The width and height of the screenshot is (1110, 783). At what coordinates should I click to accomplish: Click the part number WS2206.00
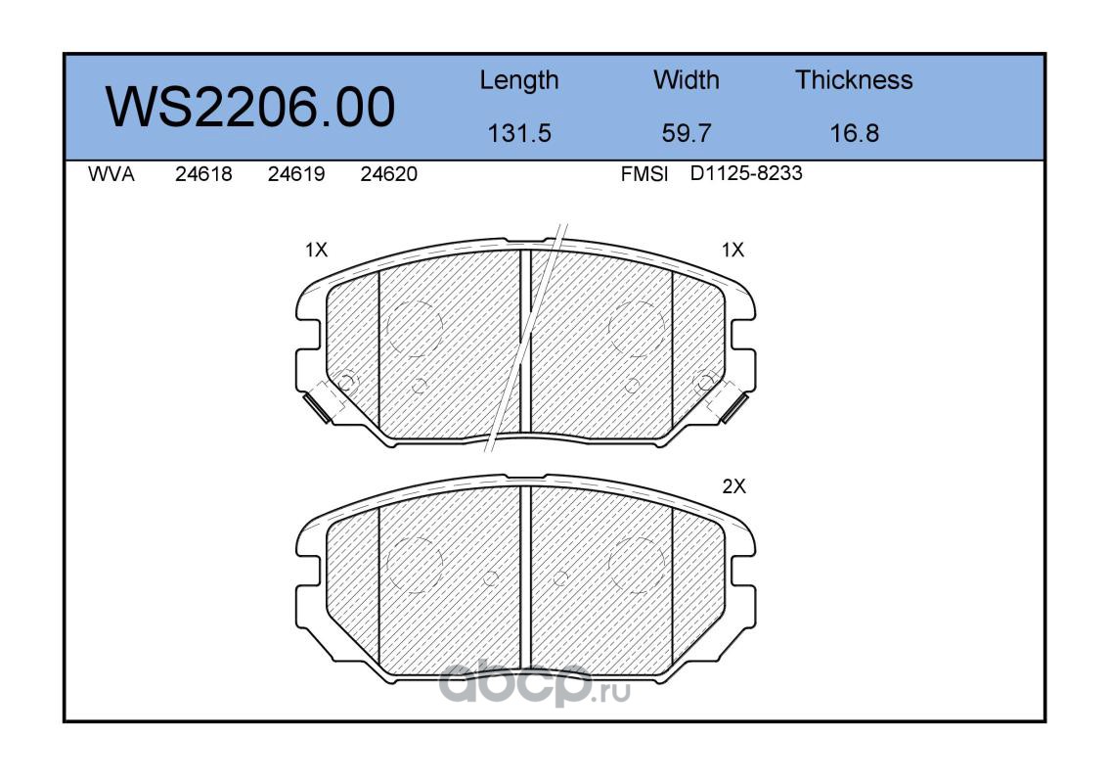coord(250,107)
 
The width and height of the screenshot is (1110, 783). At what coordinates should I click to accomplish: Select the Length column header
coord(519,81)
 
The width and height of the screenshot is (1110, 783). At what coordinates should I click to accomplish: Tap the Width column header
coord(686,79)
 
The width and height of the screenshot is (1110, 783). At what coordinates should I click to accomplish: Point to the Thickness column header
coord(854,79)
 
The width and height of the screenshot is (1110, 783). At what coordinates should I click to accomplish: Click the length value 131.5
coord(519,133)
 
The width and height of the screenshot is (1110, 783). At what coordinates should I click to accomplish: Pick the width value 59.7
coord(686,133)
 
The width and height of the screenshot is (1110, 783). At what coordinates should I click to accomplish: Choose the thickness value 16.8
coord(854,133)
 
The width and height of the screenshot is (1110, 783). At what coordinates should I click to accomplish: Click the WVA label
coord(111,174)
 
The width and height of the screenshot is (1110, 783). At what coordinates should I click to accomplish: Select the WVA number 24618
coord(203,174)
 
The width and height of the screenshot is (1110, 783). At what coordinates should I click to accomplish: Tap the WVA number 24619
coord(296,174)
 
